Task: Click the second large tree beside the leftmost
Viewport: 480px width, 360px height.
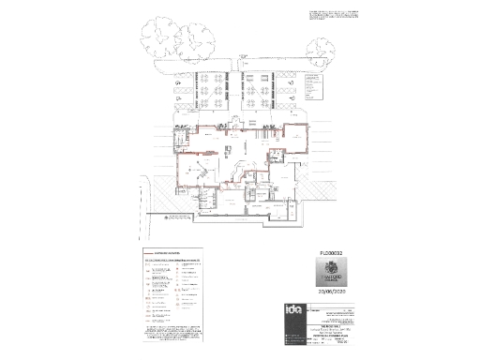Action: coord(199,39)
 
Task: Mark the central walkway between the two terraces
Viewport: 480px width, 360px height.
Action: coord(232,94)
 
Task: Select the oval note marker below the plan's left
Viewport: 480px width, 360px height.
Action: coord(172,217)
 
